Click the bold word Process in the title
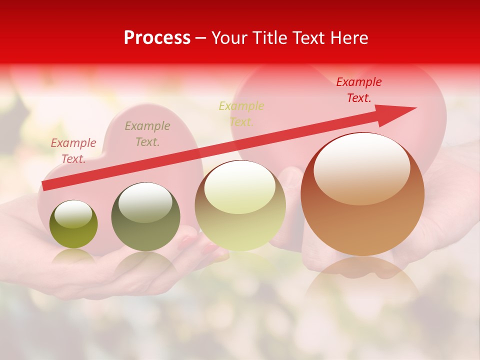tap(157, 38)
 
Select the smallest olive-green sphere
tap(73, 224)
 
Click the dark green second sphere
tap(145, 217)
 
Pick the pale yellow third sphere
tap(240, 205)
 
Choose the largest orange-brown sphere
tap(362, 194)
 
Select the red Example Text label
tap(358, 90)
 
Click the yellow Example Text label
tap(241, 114)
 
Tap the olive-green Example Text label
tap(147, 134)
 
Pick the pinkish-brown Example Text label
tap(73, 151)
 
